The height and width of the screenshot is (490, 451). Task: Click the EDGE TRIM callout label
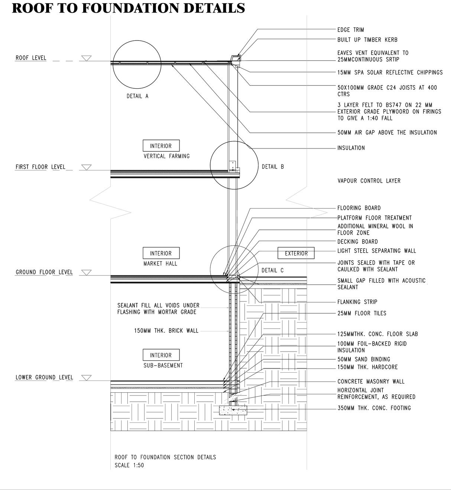(x=350, y=30)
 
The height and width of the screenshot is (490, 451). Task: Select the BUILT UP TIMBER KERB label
(x=367, y=40)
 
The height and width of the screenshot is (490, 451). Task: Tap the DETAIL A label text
(x=137, y=96)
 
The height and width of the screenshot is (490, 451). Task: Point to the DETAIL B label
(x=273, y=167)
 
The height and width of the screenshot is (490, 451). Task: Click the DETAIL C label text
(x=272, y=270)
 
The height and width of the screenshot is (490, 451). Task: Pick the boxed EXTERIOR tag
(x=296, y=253)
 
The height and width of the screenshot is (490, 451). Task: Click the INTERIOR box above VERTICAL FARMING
(x=161, y=146)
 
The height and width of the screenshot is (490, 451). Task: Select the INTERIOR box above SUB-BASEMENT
(x=161, y=355)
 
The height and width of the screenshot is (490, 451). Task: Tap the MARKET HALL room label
(x=160, y=264)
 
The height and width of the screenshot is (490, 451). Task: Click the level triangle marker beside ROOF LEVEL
(x=86, y=58)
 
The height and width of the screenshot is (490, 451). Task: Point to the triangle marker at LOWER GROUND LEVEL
(x=86, y=378)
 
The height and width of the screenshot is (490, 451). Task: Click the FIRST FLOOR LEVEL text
(x=40, y=167)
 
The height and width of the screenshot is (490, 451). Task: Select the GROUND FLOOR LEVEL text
(x=44, y=272)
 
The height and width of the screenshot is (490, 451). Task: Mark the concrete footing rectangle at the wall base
(x=233, y=410)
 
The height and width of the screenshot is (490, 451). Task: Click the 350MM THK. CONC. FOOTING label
(x=374, y=408)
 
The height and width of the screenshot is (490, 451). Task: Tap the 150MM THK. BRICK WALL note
(x=166, y=330)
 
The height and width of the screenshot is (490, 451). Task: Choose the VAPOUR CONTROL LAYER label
(x=369, y=181)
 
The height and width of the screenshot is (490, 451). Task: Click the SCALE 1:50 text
(x=129, y=465)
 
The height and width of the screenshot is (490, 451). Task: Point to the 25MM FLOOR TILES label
(x=361, y=313)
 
